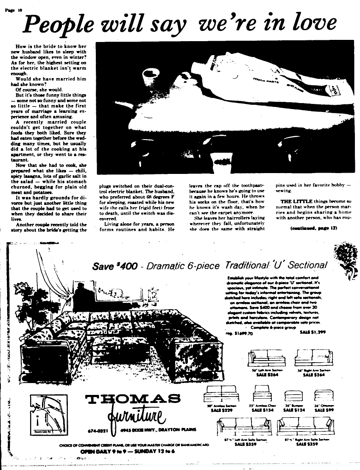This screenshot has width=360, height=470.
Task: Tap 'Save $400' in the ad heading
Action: pyautogui.click(x=115, y=266)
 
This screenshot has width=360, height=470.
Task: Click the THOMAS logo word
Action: pyautogui.click(x=132, y=399)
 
